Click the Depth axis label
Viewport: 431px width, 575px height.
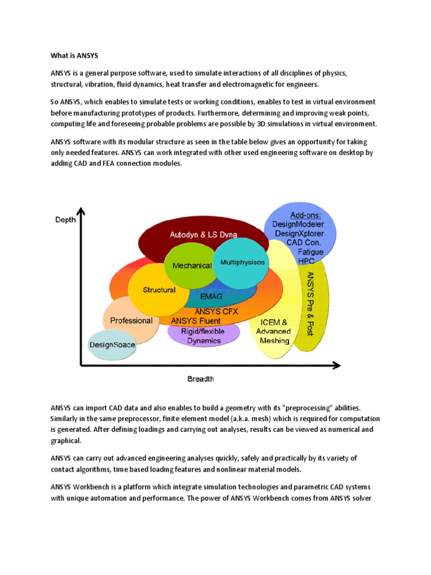66,220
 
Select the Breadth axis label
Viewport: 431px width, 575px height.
200,379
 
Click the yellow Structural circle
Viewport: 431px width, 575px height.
159,290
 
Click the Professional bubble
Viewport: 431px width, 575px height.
131,321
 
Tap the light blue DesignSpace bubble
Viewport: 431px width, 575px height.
112,344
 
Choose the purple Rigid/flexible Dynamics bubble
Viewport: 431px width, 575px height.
204,335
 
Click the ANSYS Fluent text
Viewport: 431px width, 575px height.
196,321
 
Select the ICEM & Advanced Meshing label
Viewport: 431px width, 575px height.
273,331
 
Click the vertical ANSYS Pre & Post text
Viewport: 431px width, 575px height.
310,303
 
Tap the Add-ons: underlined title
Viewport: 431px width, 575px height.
306,216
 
